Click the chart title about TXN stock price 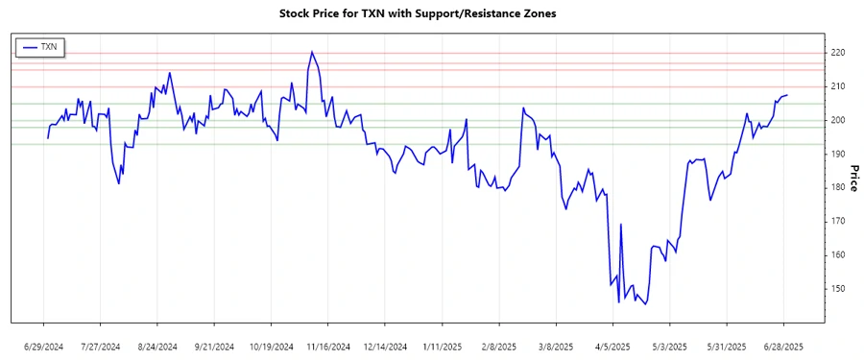point(417,14)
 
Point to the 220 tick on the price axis point(839,53)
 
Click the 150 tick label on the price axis point(839,289)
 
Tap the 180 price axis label point(839,187)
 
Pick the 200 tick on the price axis point(839,120)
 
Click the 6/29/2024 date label point(44,346)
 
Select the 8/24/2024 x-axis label point(157,346)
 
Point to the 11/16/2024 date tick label point(328,346)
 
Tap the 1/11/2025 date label point(443,346)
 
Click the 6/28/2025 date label point(784,346)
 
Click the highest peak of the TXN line point(311,52)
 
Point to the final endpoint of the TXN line point(787,95)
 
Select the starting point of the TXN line point(47,138)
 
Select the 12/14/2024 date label point(385,346)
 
